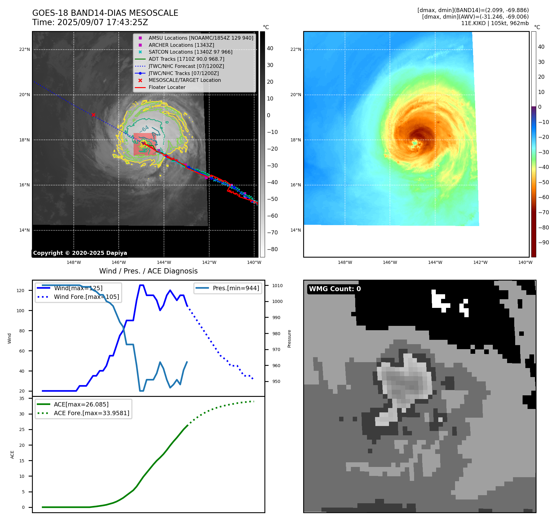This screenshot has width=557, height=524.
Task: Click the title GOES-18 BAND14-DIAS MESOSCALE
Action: [105, 13]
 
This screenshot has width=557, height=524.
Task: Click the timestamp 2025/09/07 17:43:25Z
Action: [103, 22]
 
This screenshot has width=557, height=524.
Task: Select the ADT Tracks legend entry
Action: [186, 59]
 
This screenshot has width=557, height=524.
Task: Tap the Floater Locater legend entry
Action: [167, 87]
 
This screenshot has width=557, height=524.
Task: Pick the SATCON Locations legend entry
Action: [190, 52]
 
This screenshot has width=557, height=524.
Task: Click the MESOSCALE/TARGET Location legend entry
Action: [184, 80]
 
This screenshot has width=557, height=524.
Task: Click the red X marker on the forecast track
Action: [93, 115]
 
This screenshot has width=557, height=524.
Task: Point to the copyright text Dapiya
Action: [80, 253]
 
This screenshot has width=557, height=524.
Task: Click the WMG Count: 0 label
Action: [335, 289]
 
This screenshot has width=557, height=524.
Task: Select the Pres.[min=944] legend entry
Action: [236, 288]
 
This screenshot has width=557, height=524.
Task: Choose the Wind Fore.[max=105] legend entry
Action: [86, 297]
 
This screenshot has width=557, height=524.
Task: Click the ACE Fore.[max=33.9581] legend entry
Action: [91, 413]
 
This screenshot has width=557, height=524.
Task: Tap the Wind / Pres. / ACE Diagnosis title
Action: [148, 271]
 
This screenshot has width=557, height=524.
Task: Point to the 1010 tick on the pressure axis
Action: [277, 286]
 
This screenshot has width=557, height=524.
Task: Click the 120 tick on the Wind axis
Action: [20, 291]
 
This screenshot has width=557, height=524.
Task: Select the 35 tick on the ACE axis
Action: [22, 398]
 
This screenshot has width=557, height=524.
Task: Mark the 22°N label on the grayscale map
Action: [24, 49]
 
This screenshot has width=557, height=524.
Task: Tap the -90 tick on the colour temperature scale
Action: [543, 242]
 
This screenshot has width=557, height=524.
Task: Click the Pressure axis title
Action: [289, 339]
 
